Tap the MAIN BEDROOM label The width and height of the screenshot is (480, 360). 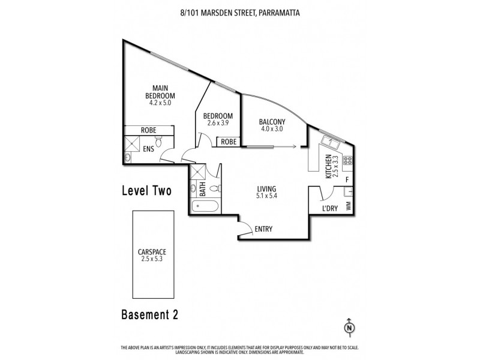point(160,92)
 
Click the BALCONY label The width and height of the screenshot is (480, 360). point(272,121)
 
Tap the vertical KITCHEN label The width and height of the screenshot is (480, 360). point(328,166)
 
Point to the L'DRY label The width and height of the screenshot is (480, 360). point(329,208)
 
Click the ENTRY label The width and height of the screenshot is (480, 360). point(263,229)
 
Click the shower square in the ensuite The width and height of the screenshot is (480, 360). point(132,143)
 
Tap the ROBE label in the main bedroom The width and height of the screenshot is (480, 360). point(149,130)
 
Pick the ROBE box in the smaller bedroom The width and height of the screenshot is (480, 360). point(228,142)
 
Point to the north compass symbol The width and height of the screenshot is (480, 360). point(348,328)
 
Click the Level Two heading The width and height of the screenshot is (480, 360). point(146,191)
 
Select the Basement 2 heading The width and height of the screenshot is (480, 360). point(149,314)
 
